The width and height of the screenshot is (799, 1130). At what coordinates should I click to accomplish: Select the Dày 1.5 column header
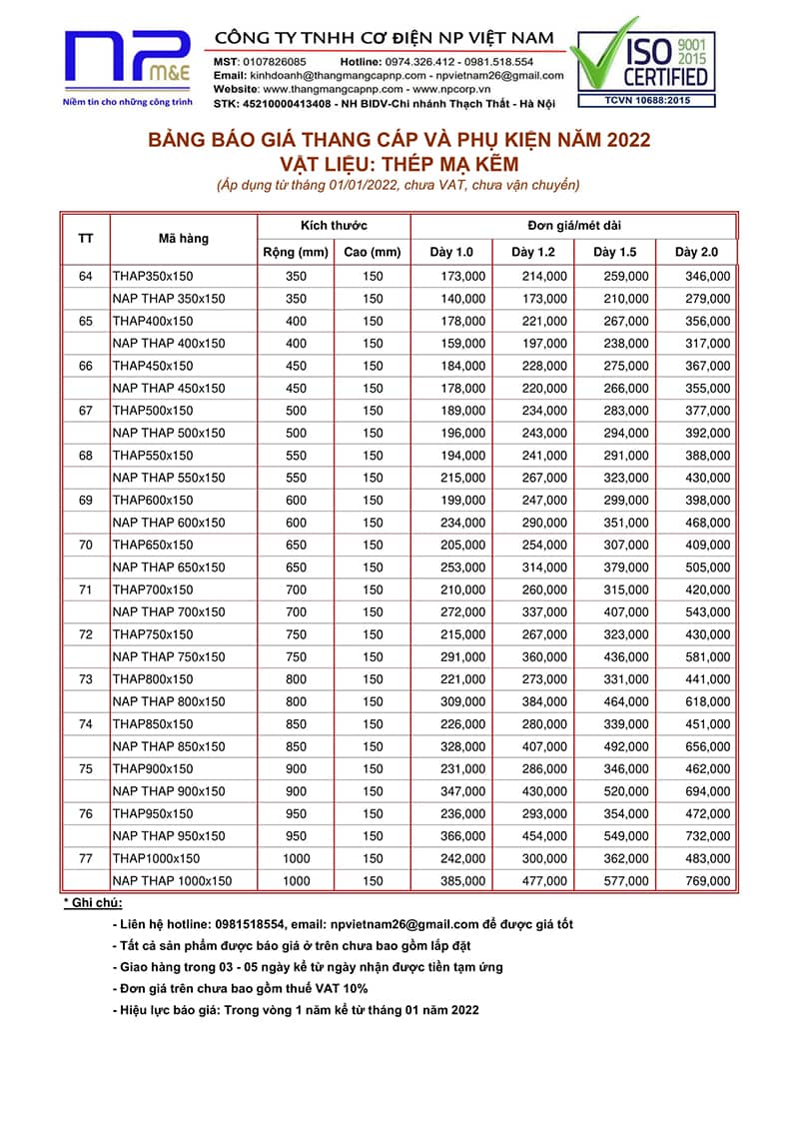613,252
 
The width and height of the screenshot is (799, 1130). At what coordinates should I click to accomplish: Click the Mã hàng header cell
184,239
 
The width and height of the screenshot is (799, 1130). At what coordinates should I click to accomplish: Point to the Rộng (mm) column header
296,252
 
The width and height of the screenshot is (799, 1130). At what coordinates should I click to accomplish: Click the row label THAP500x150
153,410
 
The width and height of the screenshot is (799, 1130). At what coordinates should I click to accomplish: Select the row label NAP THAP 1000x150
172,880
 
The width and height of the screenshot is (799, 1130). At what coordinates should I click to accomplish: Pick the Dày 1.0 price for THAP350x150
463,276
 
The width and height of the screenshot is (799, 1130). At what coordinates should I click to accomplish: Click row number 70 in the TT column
86,545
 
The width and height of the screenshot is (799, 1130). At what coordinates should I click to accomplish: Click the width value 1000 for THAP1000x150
296,858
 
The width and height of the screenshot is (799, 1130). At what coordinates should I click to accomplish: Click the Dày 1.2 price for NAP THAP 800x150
545,701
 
